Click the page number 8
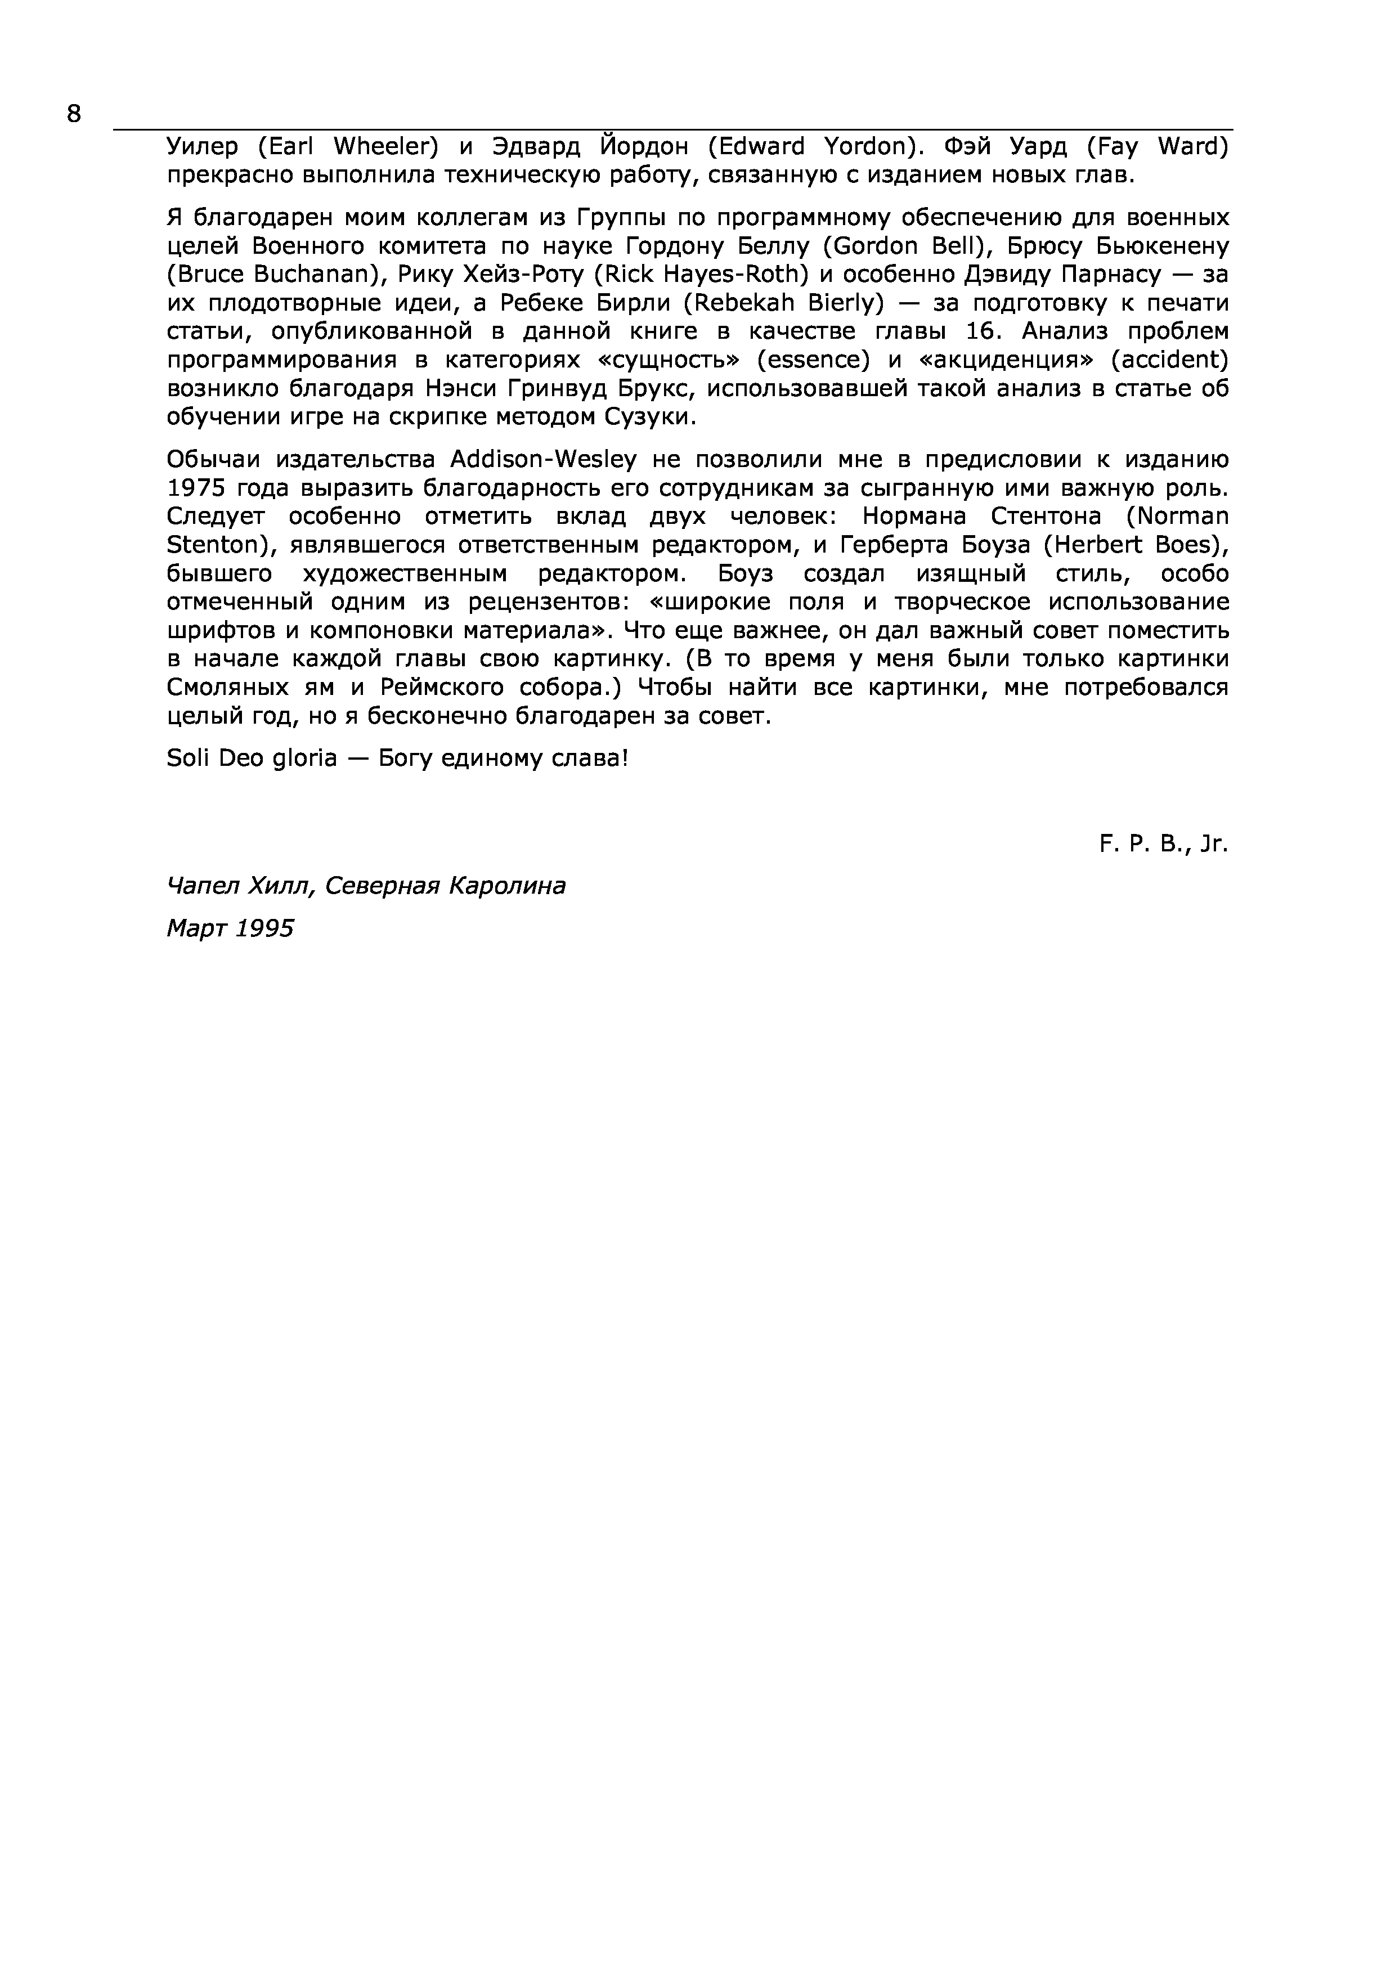73,114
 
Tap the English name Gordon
877,246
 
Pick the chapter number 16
979,332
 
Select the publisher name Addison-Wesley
544,460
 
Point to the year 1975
195,488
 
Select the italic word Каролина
507,886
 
